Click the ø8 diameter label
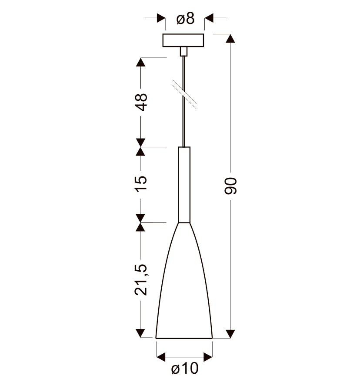tap(186, 19)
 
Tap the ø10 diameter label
tap(185, 368)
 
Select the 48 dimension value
tap(141, 102)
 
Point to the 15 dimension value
tap(141, 183)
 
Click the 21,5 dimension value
tap(141, 279)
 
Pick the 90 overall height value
tap(231, 186)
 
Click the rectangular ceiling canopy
tap(183, 40)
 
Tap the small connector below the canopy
tap(183, 52)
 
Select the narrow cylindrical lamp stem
tap(184, 185)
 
